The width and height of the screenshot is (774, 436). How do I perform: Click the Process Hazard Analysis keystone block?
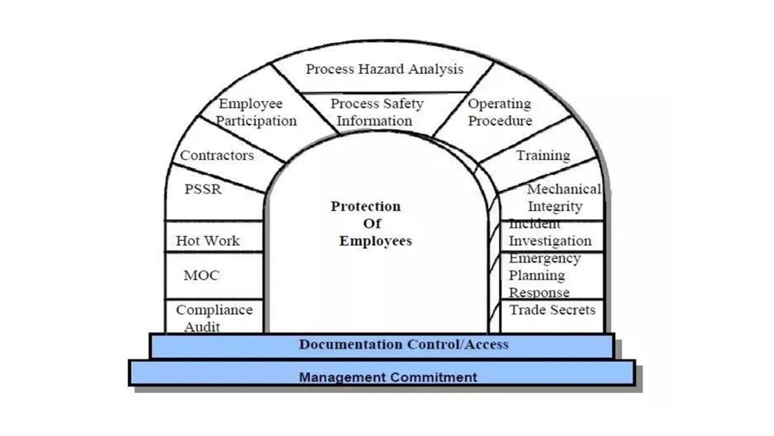click(x=384, y=70)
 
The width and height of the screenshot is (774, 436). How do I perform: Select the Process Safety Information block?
click(x=377, y=113)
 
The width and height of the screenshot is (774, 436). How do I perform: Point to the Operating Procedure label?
click(x=500, y=113)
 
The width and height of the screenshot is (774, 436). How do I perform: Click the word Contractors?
click(x=216, y=156)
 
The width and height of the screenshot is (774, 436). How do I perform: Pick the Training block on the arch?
click(x=543, y=156)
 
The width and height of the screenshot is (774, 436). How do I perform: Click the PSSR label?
click(x=203, y=190)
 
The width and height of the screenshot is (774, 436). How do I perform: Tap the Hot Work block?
click(x=208, y=241)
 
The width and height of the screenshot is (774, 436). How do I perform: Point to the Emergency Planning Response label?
click(x=545, y=275)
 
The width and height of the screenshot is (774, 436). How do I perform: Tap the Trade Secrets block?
click(x=552, y=311)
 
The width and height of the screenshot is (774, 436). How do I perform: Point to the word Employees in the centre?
click(x=375, y=241)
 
